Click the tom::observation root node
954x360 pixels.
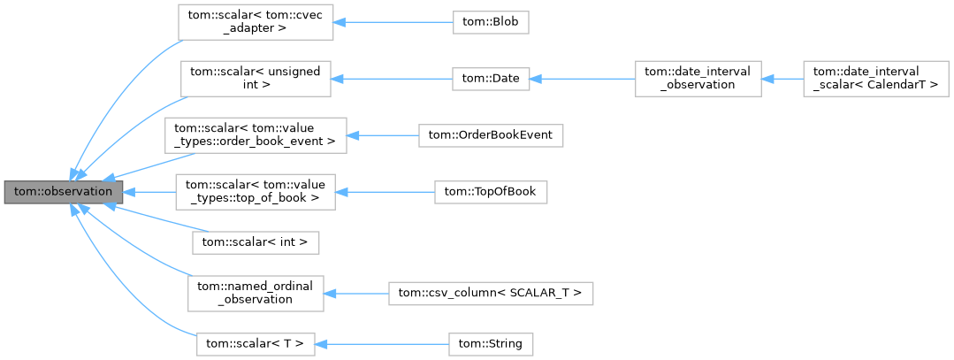[x=63, y=191]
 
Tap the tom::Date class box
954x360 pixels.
[x=491, y=79]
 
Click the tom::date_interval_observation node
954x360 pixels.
[x=698, y=79]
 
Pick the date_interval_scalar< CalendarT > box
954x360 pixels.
[x=875, y=79]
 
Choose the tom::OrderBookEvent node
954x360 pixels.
[x=491, y=135]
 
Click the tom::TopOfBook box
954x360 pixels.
[x=491, y=192]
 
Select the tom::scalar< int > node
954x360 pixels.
[x=256, y=241]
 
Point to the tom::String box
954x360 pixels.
[x=491, y=341]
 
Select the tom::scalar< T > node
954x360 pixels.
[x=256, y=341]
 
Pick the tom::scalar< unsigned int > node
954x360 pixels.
[x=256, y=79]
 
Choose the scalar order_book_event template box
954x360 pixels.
[x=256, y=135]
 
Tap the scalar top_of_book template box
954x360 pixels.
[x=256, y=192]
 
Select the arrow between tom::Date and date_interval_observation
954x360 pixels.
[x=584, y=79]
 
